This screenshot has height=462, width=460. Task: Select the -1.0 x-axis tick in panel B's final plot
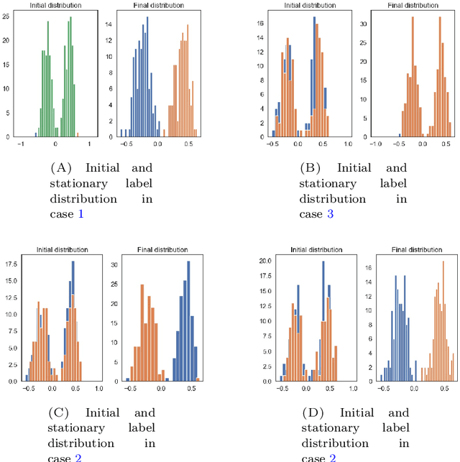click(375, 144)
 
